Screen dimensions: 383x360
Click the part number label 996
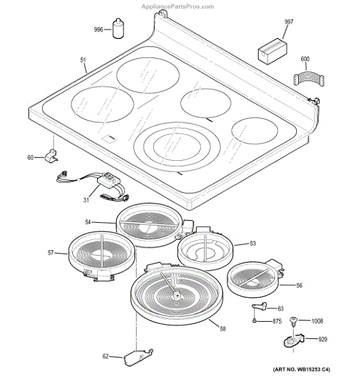click(98, 30)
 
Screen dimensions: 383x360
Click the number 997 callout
click(289, 22)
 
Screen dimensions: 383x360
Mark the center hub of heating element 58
click(175, 295)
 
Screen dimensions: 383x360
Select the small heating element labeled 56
click(253, 278)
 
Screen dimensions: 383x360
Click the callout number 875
click(277, 321)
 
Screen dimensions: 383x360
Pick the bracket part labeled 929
click(294, 341)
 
